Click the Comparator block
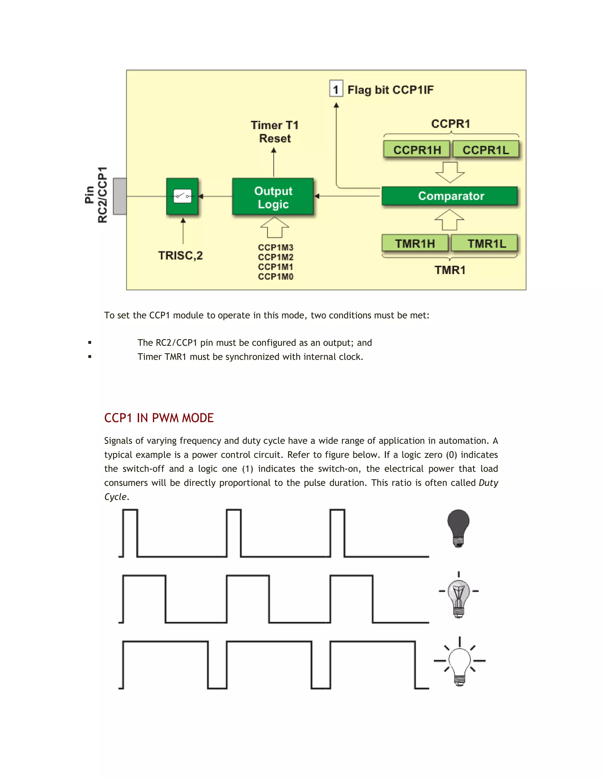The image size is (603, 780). tap(449, 196)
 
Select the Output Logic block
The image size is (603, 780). tap(273, 196)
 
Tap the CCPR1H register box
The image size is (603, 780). tap(417, 150)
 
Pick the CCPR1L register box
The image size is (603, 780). tap(486, 150)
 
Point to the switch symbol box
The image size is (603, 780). tap(182, 196)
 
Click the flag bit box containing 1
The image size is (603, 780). tap(336, 89)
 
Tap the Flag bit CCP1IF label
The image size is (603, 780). tap(390, 90)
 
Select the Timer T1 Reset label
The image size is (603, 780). tap(275, 132)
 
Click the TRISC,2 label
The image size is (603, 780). tap(180, 255)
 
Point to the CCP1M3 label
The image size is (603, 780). tap(275, 248)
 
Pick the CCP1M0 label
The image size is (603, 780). tap(275, 276)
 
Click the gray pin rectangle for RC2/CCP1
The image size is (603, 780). tap(120, 196)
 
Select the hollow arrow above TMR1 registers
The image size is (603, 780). tap(449, 220)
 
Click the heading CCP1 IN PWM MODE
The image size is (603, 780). tap(159, 418)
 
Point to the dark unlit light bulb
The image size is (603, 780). tap(458, 527)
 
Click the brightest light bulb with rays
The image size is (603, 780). tap(459, 663)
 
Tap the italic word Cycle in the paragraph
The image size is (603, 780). tap(115, 497)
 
